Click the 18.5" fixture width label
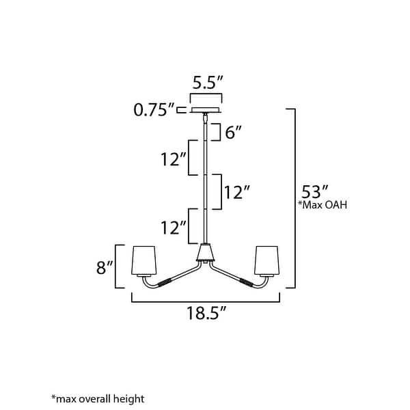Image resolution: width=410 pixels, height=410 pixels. [x=206, y=314]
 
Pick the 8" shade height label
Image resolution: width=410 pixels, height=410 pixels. [x=105, y=266]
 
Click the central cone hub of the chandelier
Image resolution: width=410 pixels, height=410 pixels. [x=205, y=256]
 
